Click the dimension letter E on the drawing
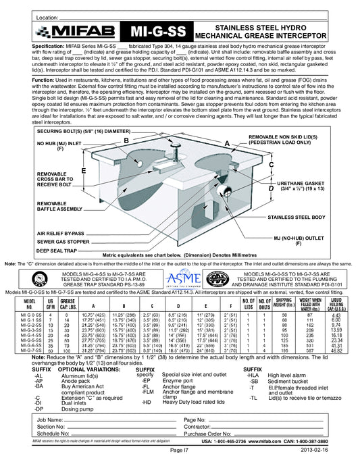(83, 171)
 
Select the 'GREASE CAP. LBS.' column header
(67, 303)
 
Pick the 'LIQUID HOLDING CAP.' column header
(335, 303)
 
